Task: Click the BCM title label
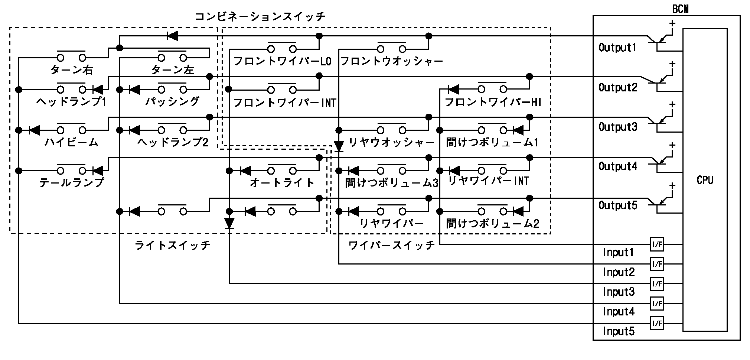[680, 9]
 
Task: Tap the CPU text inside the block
[705, 181]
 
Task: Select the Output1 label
[617, 48]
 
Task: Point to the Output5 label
[618, 205]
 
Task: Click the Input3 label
[618, 292]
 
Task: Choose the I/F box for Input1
[657, 244]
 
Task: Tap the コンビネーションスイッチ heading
[260, 16]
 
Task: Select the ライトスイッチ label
[173, 245]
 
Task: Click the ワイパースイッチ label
[391, 245]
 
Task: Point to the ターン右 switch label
[71, 70]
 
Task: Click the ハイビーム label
[71, 142]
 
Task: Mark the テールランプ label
[71, 182]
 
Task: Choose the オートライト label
[282, 182]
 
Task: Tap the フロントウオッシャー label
[391, 61]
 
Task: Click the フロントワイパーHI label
[493, 102]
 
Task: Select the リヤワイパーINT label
[489, 181]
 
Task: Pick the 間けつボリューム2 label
[493, 223]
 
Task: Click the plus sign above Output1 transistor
[672, 23]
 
